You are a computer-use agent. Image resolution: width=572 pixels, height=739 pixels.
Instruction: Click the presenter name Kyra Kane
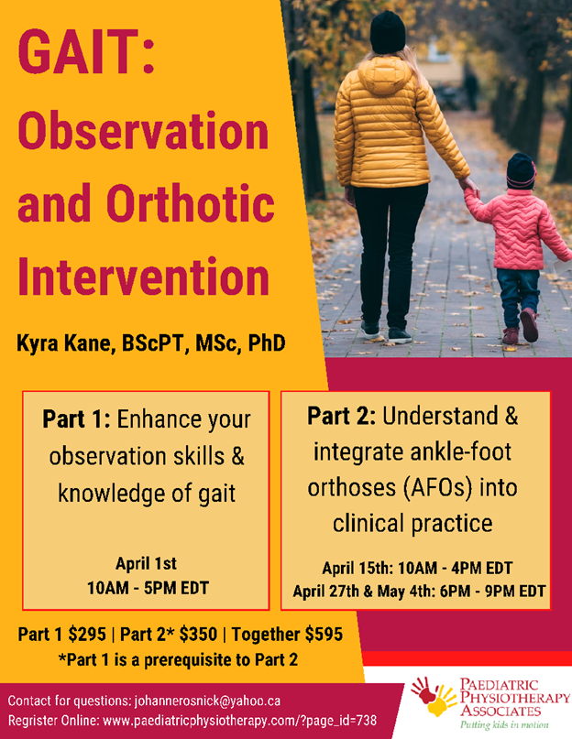(x=66, y=344)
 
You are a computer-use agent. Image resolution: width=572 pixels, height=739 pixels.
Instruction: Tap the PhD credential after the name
(x=267, y=343)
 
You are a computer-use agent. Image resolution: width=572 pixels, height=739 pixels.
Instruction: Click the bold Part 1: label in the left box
(x=76, y=419)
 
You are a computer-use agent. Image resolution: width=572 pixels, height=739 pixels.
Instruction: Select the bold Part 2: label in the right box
(x=341, y=416)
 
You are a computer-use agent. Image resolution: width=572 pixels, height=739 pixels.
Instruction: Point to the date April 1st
(x=147, y=563)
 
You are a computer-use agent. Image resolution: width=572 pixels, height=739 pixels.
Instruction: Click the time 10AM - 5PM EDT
(x=148, y=588)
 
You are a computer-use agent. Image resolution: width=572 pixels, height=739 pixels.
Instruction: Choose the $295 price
(x=87, y=635)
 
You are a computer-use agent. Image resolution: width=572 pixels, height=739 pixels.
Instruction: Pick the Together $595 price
(x=287, y=635)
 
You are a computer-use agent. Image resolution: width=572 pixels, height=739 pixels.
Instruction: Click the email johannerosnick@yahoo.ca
(x=207, y=701)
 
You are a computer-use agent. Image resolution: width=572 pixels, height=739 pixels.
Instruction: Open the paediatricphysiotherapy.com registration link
(x=240, y=721)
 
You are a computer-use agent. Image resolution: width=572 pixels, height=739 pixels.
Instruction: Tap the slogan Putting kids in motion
(x=504, y=725)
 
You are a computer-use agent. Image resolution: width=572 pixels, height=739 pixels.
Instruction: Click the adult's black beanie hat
(x=388, y=32)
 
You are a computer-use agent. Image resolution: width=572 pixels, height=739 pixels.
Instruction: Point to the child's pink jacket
(x=517, y=229)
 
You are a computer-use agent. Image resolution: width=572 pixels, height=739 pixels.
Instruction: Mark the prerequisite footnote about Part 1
(x=178, y=660)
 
